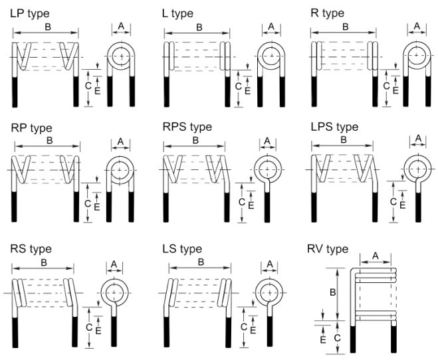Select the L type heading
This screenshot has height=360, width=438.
pos(177,13)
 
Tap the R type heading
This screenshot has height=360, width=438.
pos(327,13)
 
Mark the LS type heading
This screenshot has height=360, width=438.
pos(181,249)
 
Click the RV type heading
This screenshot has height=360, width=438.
pos(328,249)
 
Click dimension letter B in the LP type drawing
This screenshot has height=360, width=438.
pos(46,27)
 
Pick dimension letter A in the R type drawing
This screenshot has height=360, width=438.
pos(417,26)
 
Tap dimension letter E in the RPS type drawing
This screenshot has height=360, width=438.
pos(251,205)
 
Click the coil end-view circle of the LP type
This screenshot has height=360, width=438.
pos(122,56)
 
